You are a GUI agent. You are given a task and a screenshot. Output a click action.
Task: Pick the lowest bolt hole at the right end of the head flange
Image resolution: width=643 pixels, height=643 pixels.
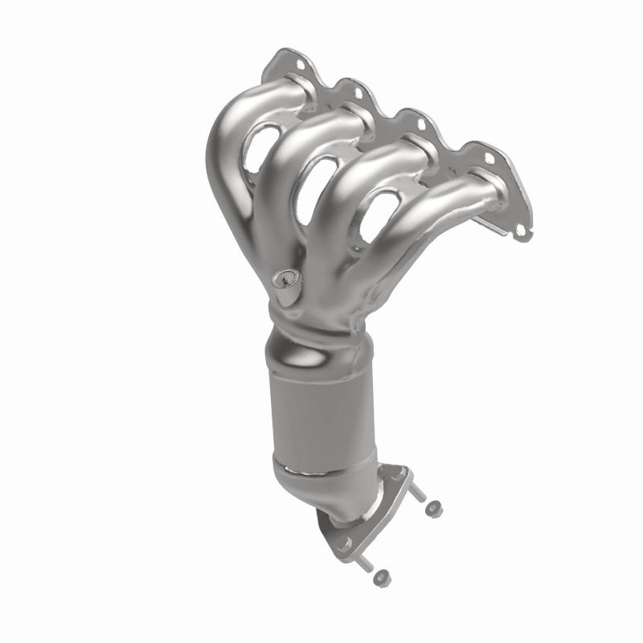click(x=521, y=230)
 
